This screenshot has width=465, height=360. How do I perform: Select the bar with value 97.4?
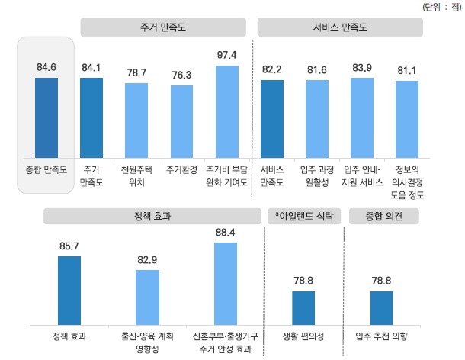tap(226, 111)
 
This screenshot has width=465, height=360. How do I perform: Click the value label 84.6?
tap(46, 68)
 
